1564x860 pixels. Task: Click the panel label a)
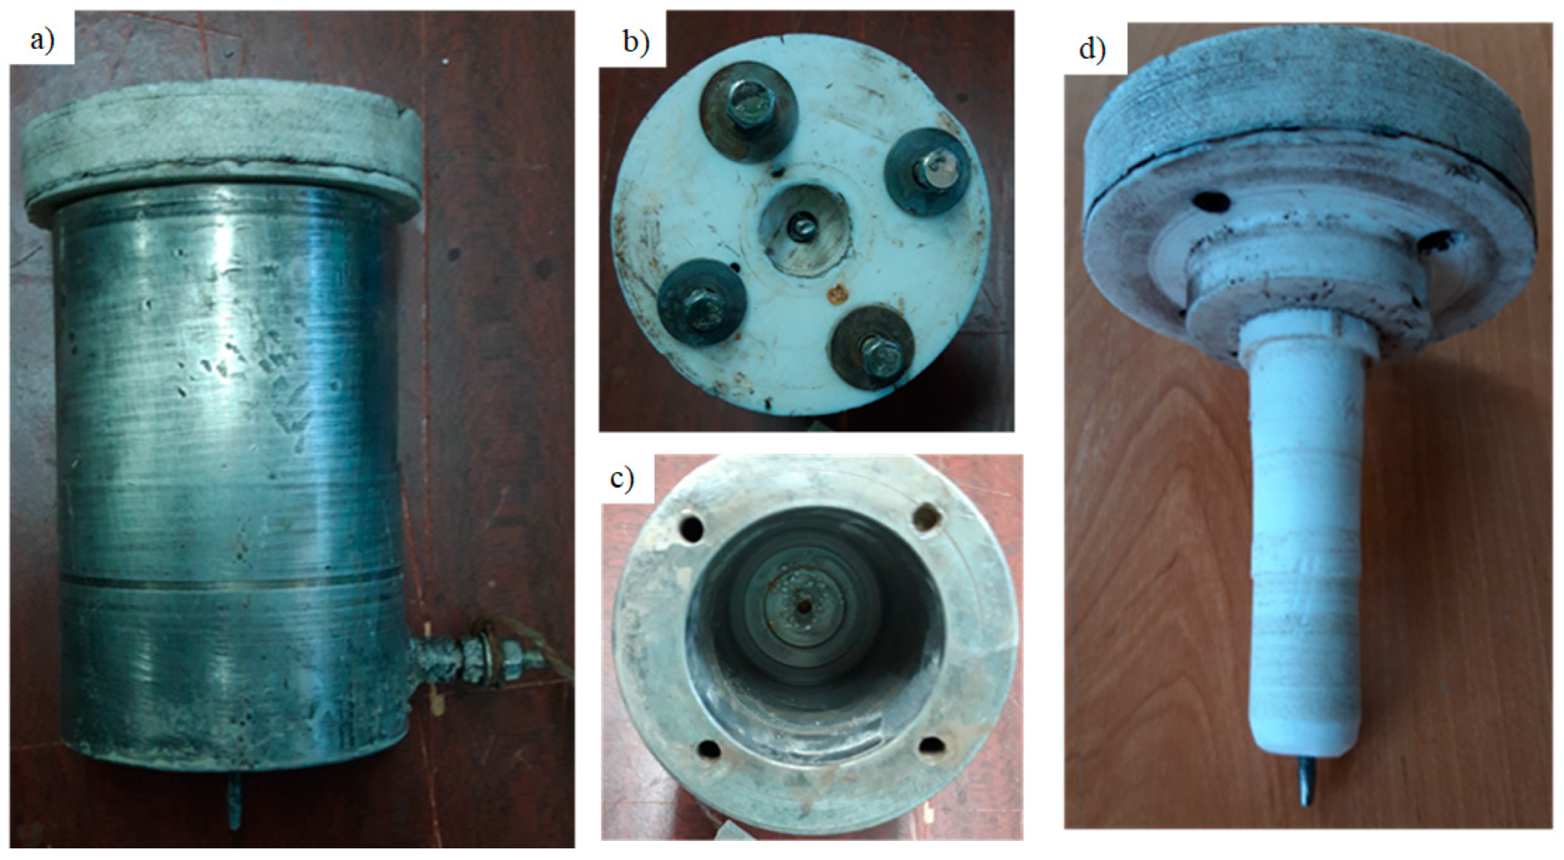point(41,39)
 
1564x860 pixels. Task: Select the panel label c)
point(621,479)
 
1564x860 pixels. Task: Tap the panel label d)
point(1092,50)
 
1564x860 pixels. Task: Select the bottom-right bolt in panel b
point(872,349)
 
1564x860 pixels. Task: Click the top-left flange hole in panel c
point(691,526)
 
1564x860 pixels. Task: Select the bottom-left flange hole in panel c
point(709,749)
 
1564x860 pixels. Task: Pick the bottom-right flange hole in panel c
point(931,745)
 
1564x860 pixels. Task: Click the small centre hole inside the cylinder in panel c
point(803,606)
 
